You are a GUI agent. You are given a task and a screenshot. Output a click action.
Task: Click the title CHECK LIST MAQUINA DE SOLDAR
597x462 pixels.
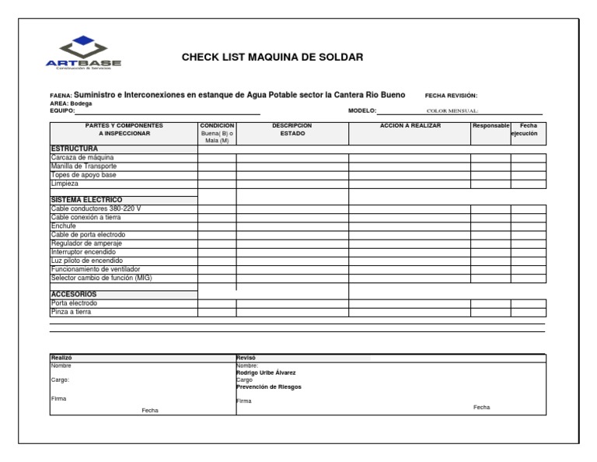click(x=273, y=58)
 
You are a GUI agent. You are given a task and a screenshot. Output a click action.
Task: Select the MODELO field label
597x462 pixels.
click(x=361, y=110)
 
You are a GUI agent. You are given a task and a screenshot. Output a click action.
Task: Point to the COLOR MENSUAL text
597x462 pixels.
click(x=453, y=111)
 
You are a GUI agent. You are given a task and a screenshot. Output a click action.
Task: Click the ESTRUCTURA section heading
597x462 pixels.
click(x=75, y=148)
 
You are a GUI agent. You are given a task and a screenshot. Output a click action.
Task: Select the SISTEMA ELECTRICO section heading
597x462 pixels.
click(x=86, y=200)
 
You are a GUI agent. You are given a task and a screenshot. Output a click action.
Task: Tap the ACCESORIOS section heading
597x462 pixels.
click(x=74, y=295)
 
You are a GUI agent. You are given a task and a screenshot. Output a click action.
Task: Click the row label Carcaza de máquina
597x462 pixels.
click(x=82, y=158)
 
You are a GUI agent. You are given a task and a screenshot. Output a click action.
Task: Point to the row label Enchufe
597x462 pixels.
click(x=64, y=226)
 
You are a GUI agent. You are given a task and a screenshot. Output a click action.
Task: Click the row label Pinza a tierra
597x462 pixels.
click(x=71, y=312)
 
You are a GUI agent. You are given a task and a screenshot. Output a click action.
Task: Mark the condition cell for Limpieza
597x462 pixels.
click(x=217, y=184)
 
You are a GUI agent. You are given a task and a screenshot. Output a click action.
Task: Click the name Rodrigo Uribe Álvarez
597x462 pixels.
click(x=265, y=373)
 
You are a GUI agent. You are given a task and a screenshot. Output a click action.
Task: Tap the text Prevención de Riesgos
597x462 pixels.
click(x=269, y=387)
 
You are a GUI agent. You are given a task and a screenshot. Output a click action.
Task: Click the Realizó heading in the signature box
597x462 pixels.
click(x=61, y=357)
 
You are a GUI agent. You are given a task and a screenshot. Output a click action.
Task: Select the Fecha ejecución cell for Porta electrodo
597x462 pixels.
click(x=528, y=303)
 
